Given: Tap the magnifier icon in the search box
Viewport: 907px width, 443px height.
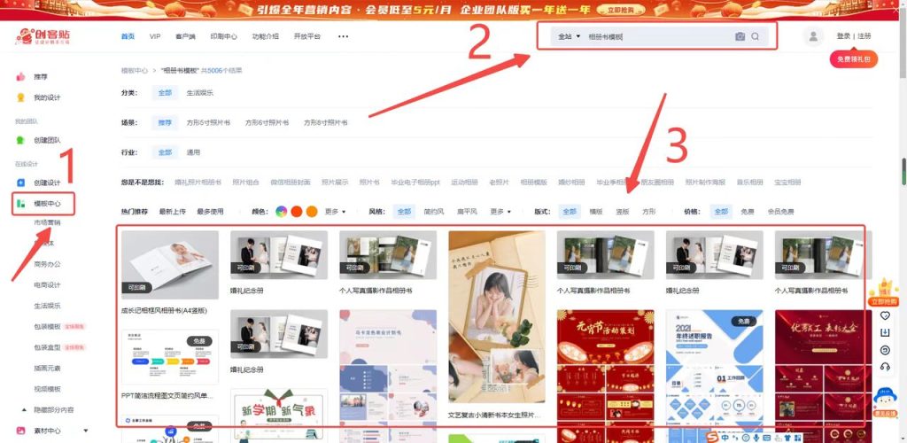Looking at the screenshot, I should tap(756, 36).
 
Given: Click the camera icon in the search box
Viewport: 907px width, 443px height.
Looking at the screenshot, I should tap(740, 36).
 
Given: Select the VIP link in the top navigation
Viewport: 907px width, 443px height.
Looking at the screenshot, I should tap(155, 36).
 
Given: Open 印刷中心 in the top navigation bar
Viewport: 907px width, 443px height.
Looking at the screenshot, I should tap(223, 36).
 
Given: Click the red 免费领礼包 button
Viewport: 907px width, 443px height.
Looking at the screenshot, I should tap(853, 59).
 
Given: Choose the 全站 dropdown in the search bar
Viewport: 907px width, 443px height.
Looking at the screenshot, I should tap(569, 36).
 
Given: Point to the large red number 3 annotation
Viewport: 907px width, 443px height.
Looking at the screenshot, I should tap(675, 146).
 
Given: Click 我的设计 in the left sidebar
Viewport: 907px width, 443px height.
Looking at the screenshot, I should tap(48, 97).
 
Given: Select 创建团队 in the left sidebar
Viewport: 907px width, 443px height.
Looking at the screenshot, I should tap(47, 140).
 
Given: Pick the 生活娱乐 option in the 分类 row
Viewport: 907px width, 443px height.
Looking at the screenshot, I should tap(199, 93).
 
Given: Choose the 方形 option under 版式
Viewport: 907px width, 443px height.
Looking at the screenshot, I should tap(649, 212).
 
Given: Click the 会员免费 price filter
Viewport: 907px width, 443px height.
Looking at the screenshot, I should tap(780, 212).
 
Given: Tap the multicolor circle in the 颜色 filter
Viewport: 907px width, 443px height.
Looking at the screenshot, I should tap(282, 212).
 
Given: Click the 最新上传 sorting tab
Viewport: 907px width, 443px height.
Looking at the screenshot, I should tap(173, 212).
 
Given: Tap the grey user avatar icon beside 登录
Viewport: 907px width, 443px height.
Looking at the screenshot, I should tap(811, 36).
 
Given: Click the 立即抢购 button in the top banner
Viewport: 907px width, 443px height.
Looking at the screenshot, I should tap(626, 10).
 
